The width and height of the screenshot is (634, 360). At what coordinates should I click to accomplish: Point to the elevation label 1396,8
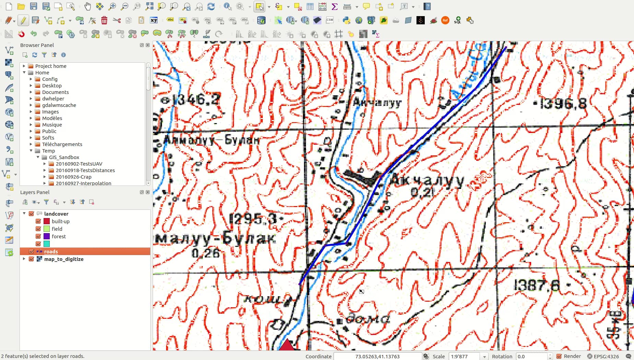click(563, 104)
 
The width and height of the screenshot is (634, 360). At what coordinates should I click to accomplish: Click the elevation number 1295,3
click(254, 218)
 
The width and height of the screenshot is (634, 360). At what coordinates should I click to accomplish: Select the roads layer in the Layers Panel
click(51, 252)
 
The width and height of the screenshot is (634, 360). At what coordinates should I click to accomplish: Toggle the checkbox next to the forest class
click(38, 237)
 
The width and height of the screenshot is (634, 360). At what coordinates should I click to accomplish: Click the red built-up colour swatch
click(47, 221)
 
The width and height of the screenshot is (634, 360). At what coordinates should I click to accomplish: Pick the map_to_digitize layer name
click(64, 259)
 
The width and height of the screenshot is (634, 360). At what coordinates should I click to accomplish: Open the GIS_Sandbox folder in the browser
click(64, 157)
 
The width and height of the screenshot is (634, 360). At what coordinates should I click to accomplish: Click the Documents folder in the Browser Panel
click(55, 92)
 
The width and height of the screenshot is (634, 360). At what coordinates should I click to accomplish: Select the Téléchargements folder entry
click(62, 144)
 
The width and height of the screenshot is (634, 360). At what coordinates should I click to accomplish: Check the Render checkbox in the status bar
click(559, 357)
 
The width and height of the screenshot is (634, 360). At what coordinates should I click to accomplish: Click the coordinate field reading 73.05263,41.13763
click(377, 357)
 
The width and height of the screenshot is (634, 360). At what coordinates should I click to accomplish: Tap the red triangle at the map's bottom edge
click(286, 346)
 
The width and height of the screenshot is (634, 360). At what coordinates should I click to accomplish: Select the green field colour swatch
click(47, 229)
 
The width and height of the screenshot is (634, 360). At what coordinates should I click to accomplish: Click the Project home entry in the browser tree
click(51, 66)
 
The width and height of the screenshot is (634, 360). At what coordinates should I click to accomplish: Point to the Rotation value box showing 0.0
click(531, 357)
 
